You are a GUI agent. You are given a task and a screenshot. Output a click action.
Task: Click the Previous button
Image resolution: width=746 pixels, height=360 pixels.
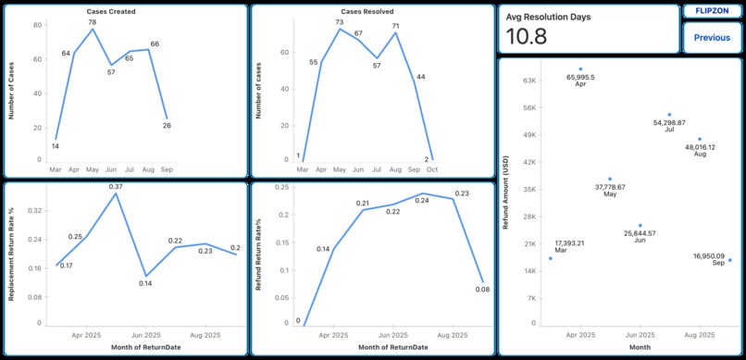(711, 38)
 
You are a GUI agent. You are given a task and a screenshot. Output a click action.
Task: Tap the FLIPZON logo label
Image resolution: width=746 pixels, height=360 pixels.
(711, 11)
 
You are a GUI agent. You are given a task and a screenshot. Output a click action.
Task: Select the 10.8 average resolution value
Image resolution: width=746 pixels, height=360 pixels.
(527, 37)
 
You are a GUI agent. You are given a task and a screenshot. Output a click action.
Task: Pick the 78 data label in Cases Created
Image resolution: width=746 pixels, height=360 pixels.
(93, 21)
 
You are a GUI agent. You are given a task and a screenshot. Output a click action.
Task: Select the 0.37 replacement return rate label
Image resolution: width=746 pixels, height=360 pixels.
(116, 187)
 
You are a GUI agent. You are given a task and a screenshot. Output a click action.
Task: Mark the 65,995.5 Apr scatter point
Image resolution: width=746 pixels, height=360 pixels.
(580, 68)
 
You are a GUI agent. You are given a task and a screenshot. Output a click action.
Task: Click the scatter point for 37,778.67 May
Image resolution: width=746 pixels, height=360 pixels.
(610, 179)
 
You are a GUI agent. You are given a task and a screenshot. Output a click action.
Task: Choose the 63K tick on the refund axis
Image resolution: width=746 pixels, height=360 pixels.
(530, 81)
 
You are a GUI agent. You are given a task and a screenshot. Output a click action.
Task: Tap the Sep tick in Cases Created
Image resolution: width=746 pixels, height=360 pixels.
(167, 170)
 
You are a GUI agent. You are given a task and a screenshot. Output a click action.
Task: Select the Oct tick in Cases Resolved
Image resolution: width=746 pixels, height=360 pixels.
(432, 170)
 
